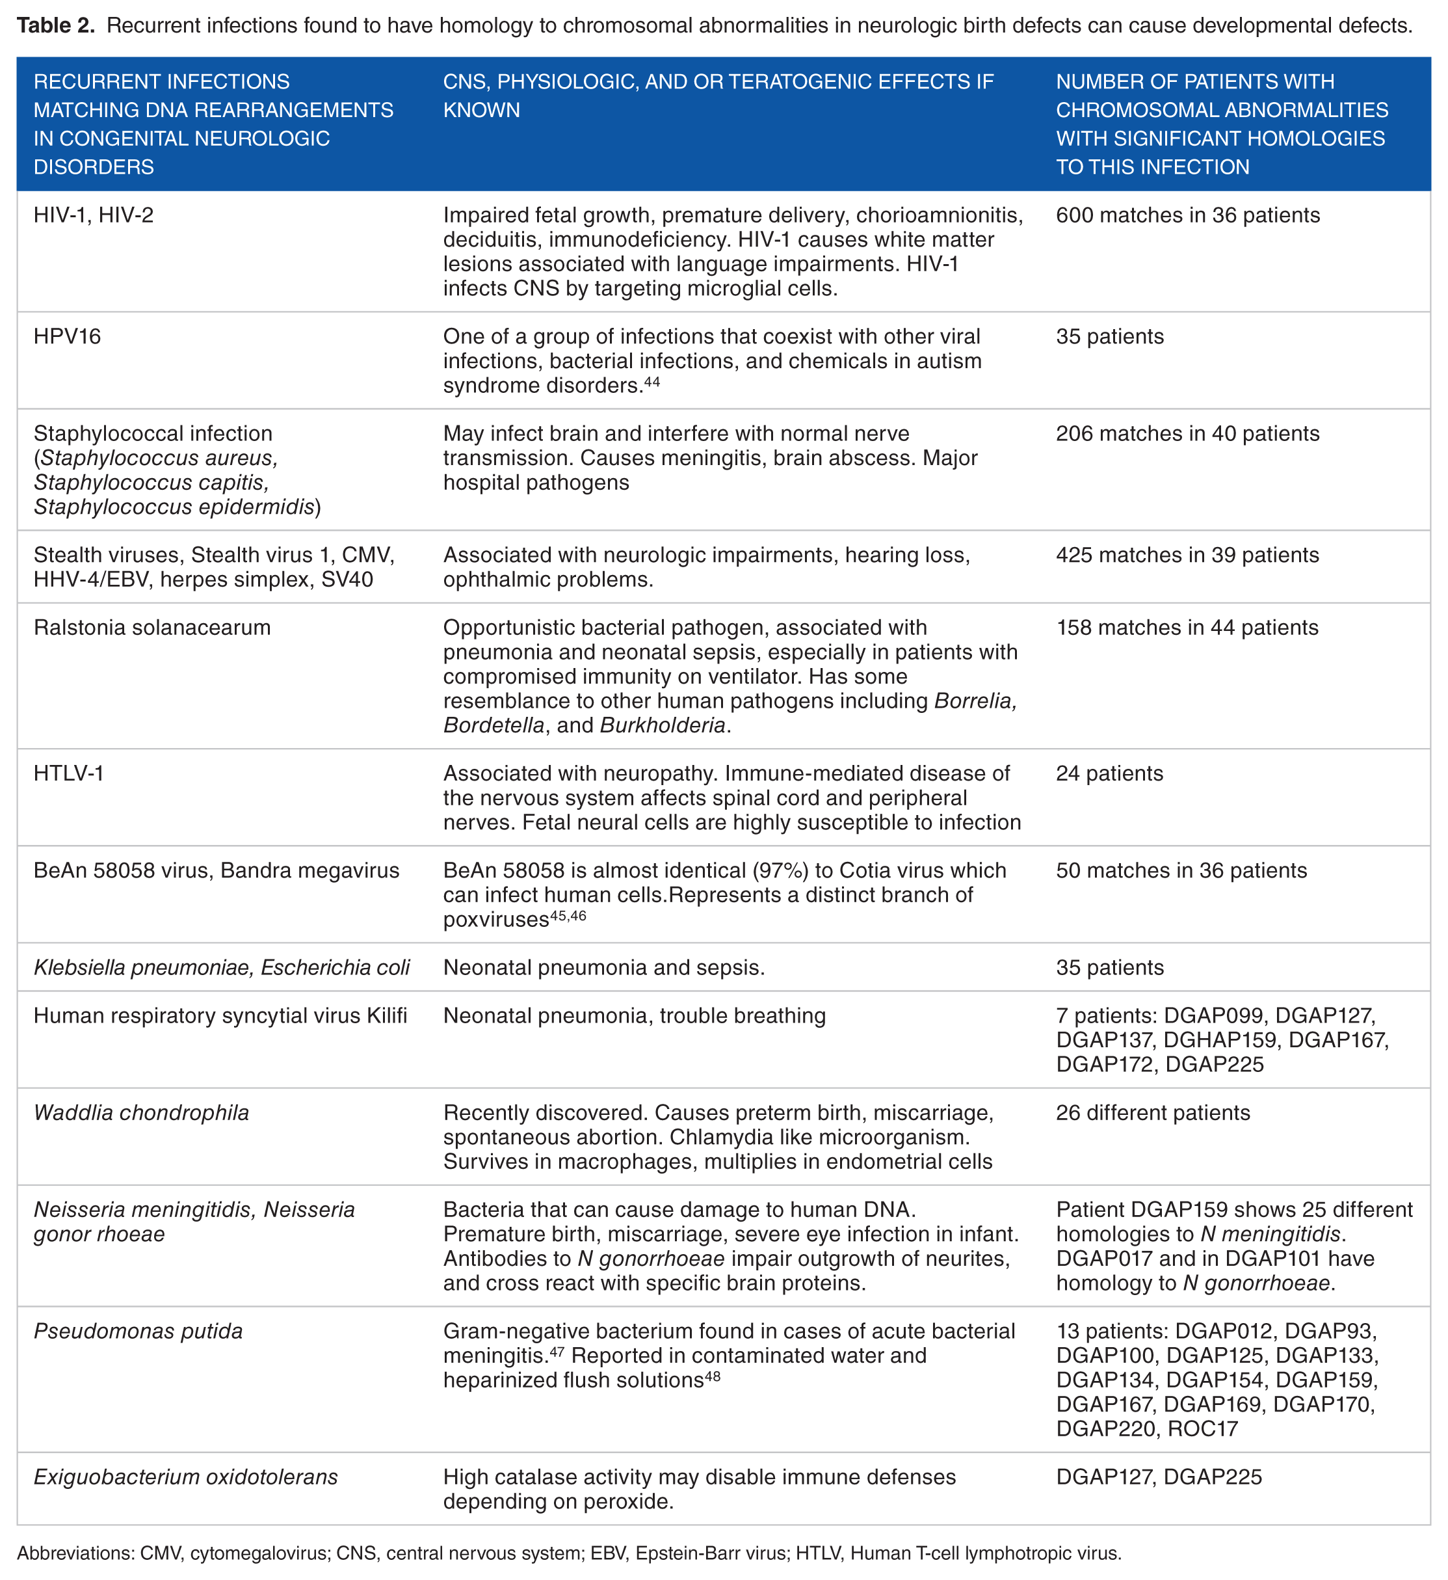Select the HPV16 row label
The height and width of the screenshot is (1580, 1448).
pos(68,336)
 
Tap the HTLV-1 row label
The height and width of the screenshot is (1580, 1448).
pos(69,773)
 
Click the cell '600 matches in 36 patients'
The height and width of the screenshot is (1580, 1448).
pos(1187,215)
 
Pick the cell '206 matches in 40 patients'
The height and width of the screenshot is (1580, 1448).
pos(1187,433)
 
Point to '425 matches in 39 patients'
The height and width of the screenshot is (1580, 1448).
pos(1187,555)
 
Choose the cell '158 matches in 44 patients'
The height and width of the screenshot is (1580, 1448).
pos(1187,627)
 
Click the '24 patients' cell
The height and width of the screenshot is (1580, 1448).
pos(1109,773)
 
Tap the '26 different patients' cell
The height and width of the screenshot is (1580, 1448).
pos(1153,1112)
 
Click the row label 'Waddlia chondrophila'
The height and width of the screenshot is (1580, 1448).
pos(141,1112)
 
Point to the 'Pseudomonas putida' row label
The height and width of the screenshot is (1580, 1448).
pos(138,1331)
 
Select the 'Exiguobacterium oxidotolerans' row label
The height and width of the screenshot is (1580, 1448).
pos(186,1477)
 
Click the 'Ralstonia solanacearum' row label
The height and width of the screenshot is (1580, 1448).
pos(152,627)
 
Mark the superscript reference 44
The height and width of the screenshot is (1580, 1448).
pos(652,382)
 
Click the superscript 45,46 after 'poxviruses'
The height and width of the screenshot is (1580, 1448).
pos(568,915)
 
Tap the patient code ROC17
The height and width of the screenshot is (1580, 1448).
pos(1203,1428)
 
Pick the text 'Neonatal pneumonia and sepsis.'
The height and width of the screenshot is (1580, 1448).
pos(604,967)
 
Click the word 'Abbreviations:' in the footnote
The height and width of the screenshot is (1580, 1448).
pos(75,1553)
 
